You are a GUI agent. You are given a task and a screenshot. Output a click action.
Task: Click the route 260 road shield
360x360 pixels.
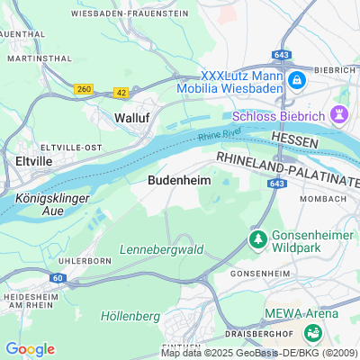(85, 88)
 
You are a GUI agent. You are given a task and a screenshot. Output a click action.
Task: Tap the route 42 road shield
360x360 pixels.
(121, 93)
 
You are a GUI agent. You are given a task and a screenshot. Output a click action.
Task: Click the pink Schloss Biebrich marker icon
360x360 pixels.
(339, 114)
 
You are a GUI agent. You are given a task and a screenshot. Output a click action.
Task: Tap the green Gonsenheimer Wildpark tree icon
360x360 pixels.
(257, 239)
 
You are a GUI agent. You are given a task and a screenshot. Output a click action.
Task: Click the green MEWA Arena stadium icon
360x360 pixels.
(314, 332)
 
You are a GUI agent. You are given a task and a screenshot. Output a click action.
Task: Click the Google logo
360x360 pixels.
(30, 348)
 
